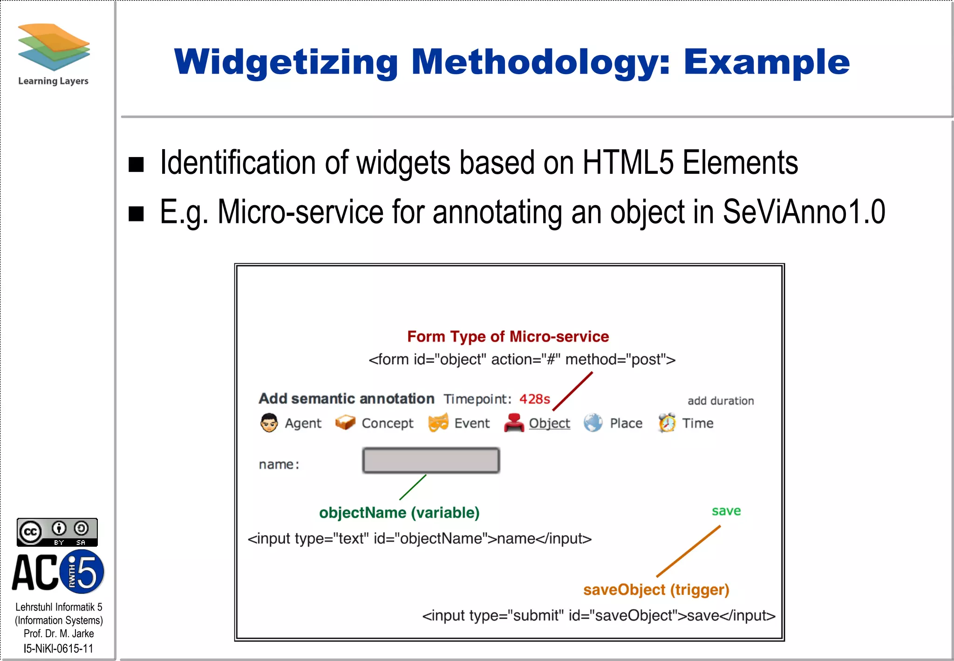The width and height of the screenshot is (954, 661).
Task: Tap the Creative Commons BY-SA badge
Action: point(57,532)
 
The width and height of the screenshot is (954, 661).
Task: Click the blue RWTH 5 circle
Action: point(82,571)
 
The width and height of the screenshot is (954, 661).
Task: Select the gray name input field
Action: point(431,461)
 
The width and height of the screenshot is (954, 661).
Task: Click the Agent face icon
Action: point(269,423)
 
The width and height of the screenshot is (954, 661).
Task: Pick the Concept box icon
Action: point(345,422)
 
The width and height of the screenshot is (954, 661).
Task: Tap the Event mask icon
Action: point(438,422)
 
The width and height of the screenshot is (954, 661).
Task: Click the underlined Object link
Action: point(549,423)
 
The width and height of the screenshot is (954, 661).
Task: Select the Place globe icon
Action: point(593,423)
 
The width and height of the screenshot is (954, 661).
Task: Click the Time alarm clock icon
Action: point(667,422)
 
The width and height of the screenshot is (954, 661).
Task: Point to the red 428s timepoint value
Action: point(534,399)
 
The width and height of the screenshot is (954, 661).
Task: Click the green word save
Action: point(726,511)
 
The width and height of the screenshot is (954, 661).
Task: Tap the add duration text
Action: point(721,401)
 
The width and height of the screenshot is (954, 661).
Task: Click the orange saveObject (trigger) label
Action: point(656,590)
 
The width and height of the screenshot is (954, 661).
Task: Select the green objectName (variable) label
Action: point(399,513)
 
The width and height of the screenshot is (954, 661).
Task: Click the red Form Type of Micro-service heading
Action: point(508,337)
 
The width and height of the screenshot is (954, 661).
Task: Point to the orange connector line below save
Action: point(688,551)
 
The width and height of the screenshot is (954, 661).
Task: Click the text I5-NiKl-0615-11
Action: point(58,648)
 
